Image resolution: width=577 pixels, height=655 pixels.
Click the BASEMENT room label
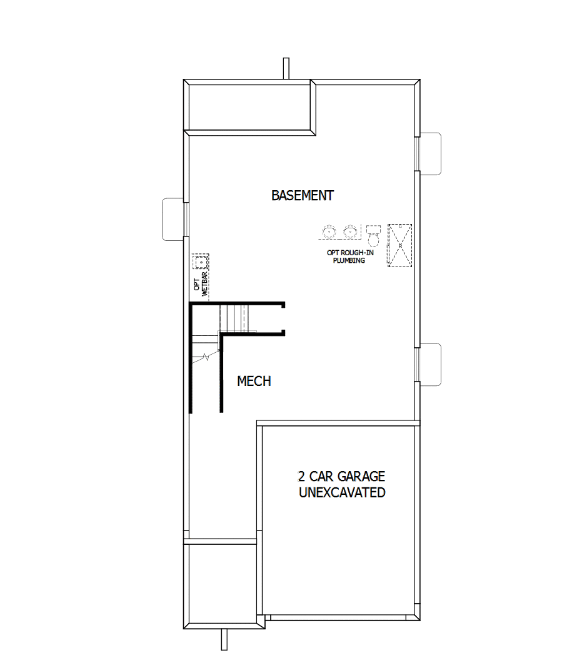(x=302, y=195)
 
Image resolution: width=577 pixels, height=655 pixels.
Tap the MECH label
(x=254, y=381)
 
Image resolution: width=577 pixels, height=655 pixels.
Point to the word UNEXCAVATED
(x=342, y=492)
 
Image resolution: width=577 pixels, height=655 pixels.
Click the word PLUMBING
(x=349, y=260)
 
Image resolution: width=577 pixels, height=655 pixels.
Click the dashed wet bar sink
(x=201, y=261)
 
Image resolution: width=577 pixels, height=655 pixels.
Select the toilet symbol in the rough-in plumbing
(x=374, y=236)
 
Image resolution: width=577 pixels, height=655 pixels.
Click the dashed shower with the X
(x=400, y=245)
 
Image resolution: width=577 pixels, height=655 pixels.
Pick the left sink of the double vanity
(x=328, y=232)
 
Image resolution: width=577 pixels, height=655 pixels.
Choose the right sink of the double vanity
(x=351, y=232)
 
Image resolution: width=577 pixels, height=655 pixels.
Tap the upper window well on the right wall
(x=431, y=154)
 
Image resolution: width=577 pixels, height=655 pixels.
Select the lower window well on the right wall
(x=431, y=365)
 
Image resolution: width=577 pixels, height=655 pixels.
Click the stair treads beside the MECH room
(x=234, y=317)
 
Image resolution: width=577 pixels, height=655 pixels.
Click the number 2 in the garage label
(x=302, y=477)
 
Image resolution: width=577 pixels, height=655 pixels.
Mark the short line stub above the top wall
(x=286, y=68)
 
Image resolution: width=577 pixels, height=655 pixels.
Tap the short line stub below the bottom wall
(x=223, y=639)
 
